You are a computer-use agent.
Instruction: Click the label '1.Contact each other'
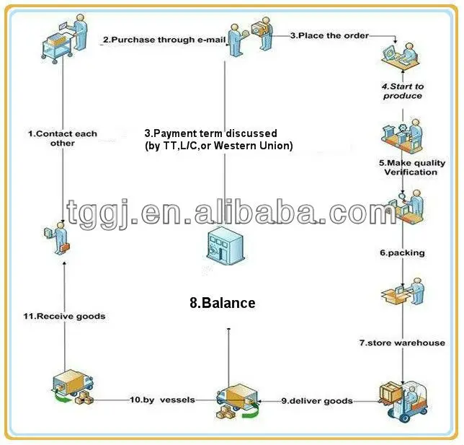click(x=62, y=138)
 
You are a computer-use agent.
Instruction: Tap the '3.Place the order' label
click(x=329, y=35)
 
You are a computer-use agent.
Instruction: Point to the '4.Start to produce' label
click(x=403, y=91)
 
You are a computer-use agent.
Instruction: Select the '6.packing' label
click(x=402, y=253)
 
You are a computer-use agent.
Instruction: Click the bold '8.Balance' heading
click(x=223, y=303)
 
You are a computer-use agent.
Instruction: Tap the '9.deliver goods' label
click(x=317, y=400)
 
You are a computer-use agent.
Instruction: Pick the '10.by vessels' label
click(x=162, y=400)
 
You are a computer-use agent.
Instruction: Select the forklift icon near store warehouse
click(x=403, y=400)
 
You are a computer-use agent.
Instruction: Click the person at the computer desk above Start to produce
click(x=401, y=57)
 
